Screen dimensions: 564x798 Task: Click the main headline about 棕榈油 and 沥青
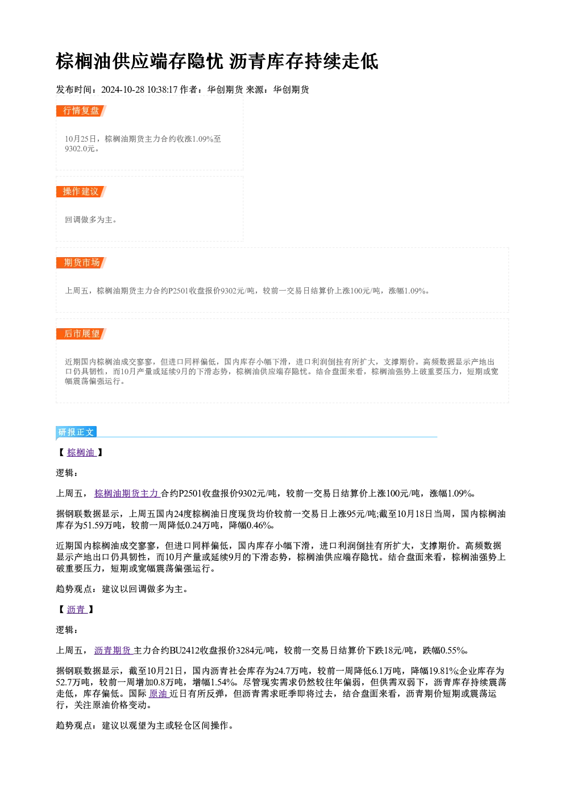click(217, 61)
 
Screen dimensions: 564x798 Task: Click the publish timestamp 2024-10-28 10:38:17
click(139, 89)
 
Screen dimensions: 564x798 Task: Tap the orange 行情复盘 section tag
click(81, 111)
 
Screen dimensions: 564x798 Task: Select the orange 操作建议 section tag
click(81, 192)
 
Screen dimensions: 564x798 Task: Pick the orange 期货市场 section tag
click(81, 263)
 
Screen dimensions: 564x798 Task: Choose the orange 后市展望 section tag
click(81, 334)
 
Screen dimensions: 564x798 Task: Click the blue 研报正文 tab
click(76, 432)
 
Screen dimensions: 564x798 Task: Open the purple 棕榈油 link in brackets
click(81, 452)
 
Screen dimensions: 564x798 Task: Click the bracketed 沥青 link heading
click(77, 610)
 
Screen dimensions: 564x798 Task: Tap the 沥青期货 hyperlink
click(114, 651)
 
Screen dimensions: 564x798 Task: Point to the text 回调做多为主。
click(91, 220)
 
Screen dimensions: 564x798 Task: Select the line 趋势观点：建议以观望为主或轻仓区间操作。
click(144, 725)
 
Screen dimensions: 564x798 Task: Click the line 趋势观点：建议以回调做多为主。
click(122, 589)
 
